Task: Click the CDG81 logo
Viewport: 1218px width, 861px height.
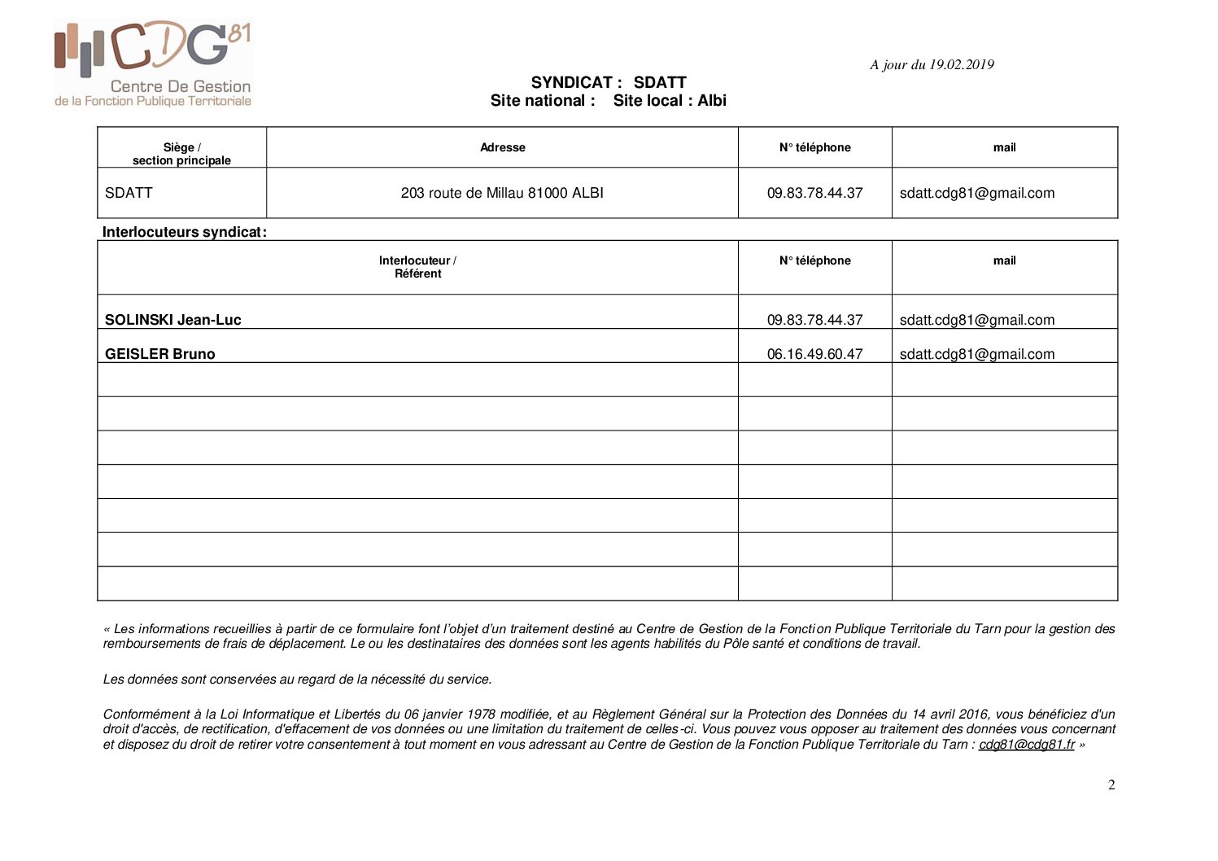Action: point(153,63)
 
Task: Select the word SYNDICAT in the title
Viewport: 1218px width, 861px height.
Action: point(571,82)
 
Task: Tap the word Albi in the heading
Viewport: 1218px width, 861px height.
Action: point(712,101)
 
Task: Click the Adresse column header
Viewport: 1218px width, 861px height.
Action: point(502,147)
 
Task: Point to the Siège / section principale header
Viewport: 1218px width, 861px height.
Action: point(181,154)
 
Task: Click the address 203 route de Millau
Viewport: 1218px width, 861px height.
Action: point(502,193)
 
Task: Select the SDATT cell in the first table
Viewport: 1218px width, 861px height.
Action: point(129,193)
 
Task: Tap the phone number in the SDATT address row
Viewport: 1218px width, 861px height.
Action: point(814,193)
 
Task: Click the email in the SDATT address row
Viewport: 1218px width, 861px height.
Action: point(976,193)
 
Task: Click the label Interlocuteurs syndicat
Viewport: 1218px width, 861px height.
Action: point(184,232)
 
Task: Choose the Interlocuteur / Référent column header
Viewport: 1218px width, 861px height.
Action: point(417,267)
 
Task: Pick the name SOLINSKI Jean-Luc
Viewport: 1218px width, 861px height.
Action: point(172,320)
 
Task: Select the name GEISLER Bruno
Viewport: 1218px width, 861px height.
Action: point(159,354)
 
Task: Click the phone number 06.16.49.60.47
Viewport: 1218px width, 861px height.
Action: point(814,354)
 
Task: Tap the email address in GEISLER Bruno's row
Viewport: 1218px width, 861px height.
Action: point(976,354)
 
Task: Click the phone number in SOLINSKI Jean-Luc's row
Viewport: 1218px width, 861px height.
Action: point(814,320)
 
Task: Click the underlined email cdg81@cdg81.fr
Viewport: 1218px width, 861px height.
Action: point(1026,744)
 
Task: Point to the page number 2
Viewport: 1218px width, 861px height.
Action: point(1111,785)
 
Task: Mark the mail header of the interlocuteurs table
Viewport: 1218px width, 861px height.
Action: point(1004,260)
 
